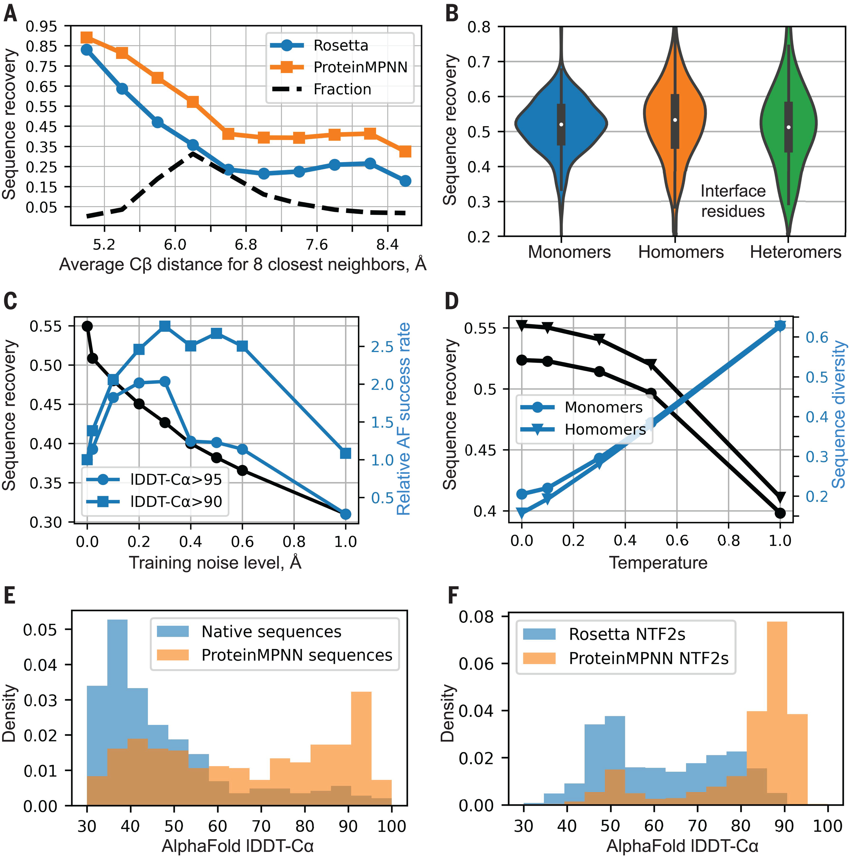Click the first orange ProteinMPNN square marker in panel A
[x=87, y=37]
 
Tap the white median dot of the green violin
[x=789, y=127]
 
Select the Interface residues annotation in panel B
[x=733, y=201]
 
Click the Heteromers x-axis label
[x=795, y=252]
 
